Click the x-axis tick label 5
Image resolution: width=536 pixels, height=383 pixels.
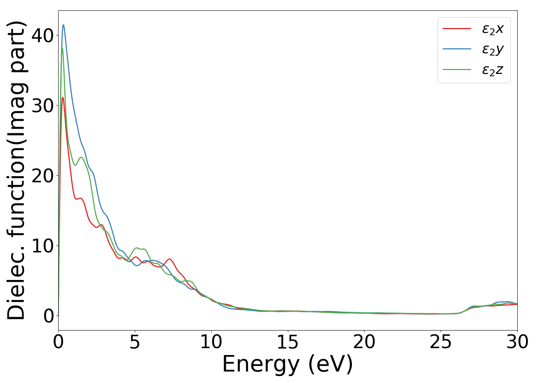pyautogui.click(x=135, y=342)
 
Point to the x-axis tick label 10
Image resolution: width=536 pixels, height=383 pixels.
pyautogui.click(x=211, y=342)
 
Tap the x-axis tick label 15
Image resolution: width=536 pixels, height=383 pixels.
pyautogui.click(x=288, y=342)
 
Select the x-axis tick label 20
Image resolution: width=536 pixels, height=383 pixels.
pyautogui.click(x=364, y=342)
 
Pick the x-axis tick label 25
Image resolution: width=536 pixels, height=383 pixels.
pyautogui.click(x=441, y=342)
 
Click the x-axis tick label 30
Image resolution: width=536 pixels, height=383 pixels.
pyautogui.click(x=517, y=342)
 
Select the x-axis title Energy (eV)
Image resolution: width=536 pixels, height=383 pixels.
pyautogui.click(x=288, y=364)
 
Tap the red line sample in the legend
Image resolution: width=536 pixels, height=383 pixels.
pyautogui.click(x=457, y=28)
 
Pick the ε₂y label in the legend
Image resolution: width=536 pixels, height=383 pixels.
pyautogui.click(x=493, y=49)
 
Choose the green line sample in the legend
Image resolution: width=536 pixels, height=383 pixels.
pyautogui.click(x=457, y=69)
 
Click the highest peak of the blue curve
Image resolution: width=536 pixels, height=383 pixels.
pyautogui.click(x=64, y=25)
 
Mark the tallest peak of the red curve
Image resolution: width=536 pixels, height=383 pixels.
pyautogui.click(x=63, y=97)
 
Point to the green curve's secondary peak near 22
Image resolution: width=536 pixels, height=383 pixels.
pyautogui.click(x=81, y=157)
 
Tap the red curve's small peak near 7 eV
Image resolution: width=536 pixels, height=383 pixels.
pyautogui.click(x=170, y=259)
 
